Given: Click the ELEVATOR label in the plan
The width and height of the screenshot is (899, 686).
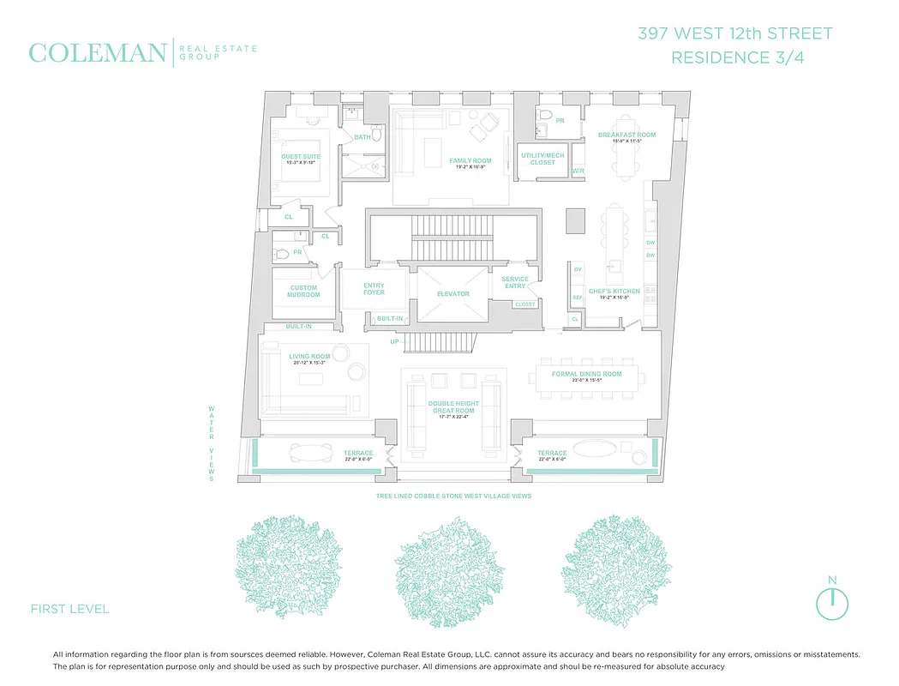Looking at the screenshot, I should coord(453,294).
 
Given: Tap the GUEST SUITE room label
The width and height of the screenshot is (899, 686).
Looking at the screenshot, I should coord(300,156).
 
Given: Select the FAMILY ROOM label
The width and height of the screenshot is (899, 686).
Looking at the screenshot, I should coord(470,160).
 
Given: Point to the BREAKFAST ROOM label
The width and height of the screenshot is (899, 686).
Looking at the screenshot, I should coord(626,135).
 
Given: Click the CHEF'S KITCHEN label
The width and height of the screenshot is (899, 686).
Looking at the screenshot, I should coord(614,292).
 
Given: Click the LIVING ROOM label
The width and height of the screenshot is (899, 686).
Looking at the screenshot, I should coord(309,356).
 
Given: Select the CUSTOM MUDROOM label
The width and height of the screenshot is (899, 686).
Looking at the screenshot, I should coord(304,292).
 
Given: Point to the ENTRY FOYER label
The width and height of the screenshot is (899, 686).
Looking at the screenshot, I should coord(374,289).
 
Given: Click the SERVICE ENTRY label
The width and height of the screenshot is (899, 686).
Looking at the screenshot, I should coord(514,282).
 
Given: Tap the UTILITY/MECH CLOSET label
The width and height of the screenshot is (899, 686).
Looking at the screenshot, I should coord(542,159).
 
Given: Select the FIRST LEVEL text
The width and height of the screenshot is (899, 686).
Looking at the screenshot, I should coord(69,610).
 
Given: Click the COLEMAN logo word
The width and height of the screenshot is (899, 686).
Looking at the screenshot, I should coord(97,53).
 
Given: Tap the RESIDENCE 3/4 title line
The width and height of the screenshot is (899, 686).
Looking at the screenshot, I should coord(735,58).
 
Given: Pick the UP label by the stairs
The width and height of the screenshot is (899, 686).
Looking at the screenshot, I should coord(395,341).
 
